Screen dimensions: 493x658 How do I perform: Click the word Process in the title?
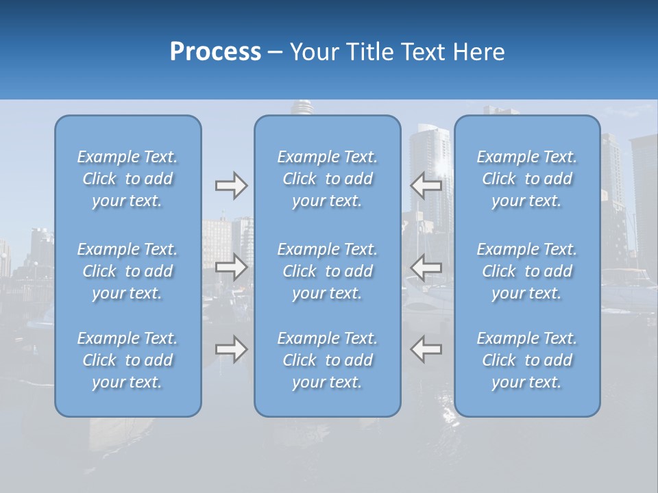click(215, 52)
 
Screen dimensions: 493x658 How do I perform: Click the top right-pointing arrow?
click(231, 186)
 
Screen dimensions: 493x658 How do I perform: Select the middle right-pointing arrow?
click(231, 267)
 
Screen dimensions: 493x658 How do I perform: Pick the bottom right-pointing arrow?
click(231, 349)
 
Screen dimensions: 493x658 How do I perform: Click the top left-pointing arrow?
click(426, 186)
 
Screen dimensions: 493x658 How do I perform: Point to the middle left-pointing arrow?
click(426, 267)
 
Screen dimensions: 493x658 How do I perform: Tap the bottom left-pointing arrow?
click(426, 349)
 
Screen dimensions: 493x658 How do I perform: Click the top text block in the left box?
click(127, 179)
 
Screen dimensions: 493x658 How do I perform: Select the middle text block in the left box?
click(127, 271)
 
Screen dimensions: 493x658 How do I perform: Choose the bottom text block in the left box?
click(127, 360)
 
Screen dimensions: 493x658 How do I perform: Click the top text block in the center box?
click(328, 179)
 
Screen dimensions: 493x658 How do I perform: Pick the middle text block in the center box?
click(328, 271)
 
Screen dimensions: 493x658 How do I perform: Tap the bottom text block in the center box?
click(328, 360)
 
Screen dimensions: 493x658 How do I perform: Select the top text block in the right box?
click(527, 179)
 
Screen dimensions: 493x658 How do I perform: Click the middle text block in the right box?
click(527, 271)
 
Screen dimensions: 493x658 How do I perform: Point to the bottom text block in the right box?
click(527, 360)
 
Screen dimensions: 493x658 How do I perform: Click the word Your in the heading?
click(313, 52)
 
